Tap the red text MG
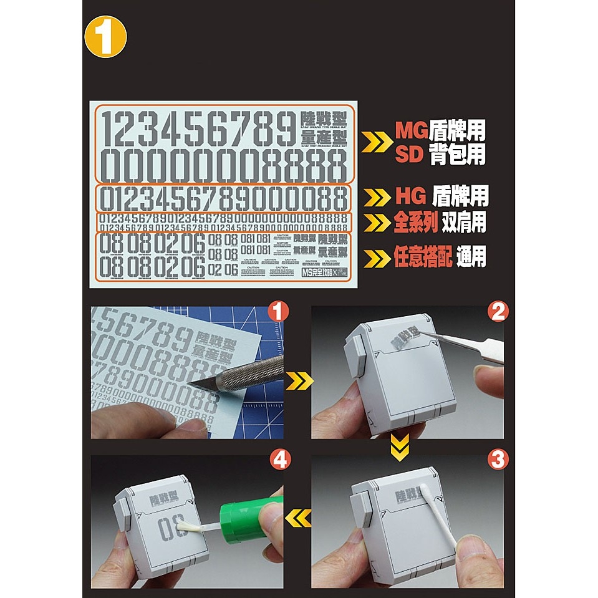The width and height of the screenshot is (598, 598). click(x=412, y=130)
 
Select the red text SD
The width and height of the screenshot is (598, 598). click(x=410, y=154)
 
